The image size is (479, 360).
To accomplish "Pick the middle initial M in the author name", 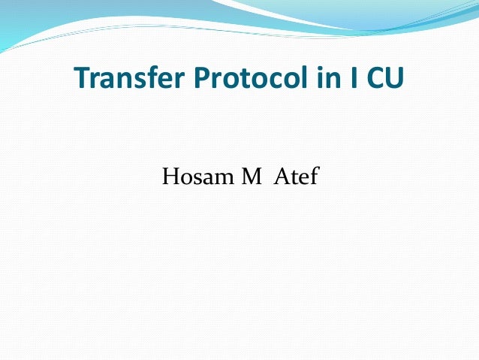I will click(250, 180).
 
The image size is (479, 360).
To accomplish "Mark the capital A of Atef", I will click(286, 180).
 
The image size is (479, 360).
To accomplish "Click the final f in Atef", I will click(315, 179).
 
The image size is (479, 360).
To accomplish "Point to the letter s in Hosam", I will click(197, 181).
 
